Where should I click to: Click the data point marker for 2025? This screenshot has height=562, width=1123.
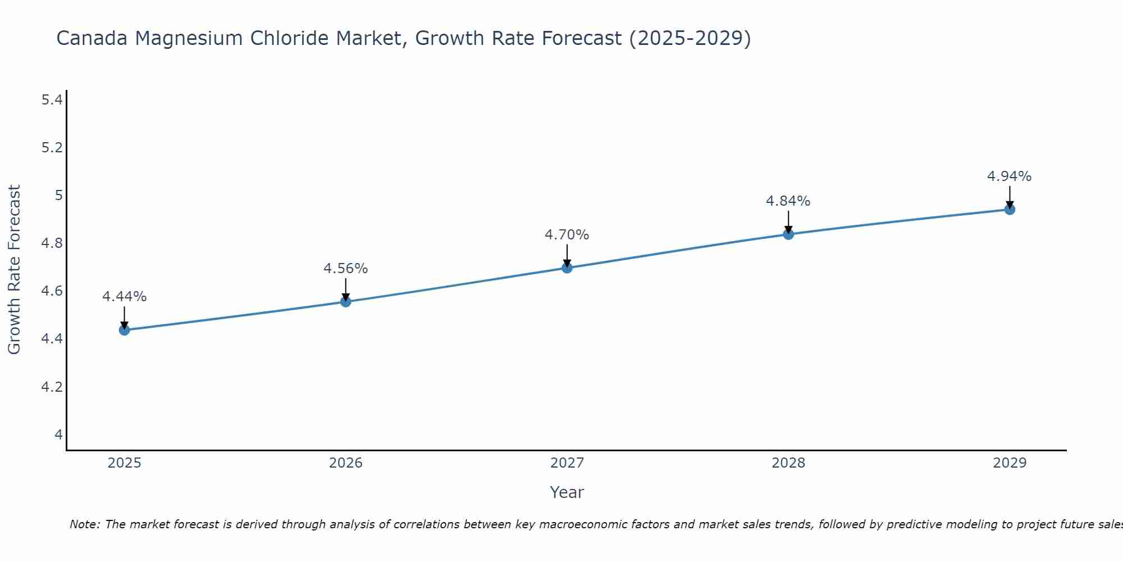pyautogui.click(x=125, y=330)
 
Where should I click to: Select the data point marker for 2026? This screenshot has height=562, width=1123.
pyautogui.click(x=346, y=302)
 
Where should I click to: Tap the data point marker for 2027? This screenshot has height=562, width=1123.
pyautogui.click(x=567, y=268)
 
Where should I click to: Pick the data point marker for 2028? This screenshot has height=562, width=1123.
pyautogui.click(x=788, y=234)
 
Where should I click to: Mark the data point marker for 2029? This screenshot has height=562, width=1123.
pyautogui.click(x=1010, y=210)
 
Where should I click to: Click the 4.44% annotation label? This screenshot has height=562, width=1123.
pyautogui.click(x=125, y=297)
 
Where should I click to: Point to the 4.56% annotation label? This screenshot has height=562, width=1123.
pyautogui.click(x=346, y=269)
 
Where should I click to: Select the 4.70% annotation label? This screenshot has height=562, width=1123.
pyautogui.click(x=567, y=235)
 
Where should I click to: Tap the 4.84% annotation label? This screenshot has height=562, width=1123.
pyautogui.click(x=788, y=201)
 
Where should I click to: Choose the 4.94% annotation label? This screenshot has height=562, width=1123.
pyautogui.click(x=1010, y=176)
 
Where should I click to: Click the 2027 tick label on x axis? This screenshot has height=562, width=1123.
pyautogui.click(x=567, y=463)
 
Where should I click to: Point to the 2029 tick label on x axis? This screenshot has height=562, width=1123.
pyautogui.click(x=1010, y=463)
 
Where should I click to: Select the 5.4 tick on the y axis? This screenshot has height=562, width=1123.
pyautogui.click(x=52, y=100)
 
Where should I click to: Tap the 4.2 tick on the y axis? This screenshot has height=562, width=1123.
pyautogui.click(x=52, y=387)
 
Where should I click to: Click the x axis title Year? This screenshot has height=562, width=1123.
pyautogui.click(x=567, y=492)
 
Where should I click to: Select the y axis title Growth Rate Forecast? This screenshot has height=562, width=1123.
pyautogui.click(x=15, y=270)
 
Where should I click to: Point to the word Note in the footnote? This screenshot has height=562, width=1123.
pyautogui.click(x=84, y=524)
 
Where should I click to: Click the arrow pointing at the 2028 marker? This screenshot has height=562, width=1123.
pyautogui.click(x=788, y=221)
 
